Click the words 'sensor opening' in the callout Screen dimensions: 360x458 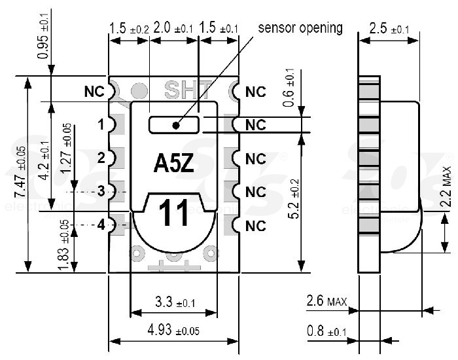(x=300, y=27)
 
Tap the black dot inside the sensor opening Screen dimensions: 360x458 (x=175, y=124)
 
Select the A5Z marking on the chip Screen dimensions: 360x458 (x=173, y=164)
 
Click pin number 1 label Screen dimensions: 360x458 (x=101, y=124)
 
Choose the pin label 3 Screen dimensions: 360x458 (x=101, y=192)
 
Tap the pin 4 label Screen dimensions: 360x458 (x=101, y=225)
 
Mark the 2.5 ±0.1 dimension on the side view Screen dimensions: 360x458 (x=389, y=29)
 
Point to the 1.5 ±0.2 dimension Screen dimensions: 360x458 (x=129, y=29)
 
